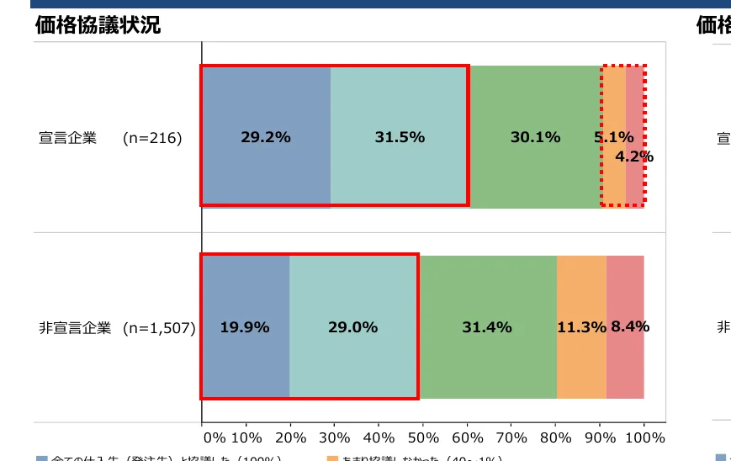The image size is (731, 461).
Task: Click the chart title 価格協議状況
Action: click(98, 25)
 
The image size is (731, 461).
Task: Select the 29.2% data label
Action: click(265, 137)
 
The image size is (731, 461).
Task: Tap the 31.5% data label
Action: click(399, 137)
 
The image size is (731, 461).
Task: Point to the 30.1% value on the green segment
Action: click(535, 137)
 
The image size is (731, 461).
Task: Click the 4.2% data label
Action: click(634, 156)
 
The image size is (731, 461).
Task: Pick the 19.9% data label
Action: click(245, 327)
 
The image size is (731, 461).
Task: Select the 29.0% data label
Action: click(352, 327)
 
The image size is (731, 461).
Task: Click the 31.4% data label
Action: click(486, 327)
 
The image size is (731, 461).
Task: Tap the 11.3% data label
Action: click(581, 327)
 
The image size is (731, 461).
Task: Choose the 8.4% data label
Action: click(630, 326)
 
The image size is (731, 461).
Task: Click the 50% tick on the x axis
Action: click(423, 438)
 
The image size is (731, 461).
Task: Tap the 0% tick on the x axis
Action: click(215, 438)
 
